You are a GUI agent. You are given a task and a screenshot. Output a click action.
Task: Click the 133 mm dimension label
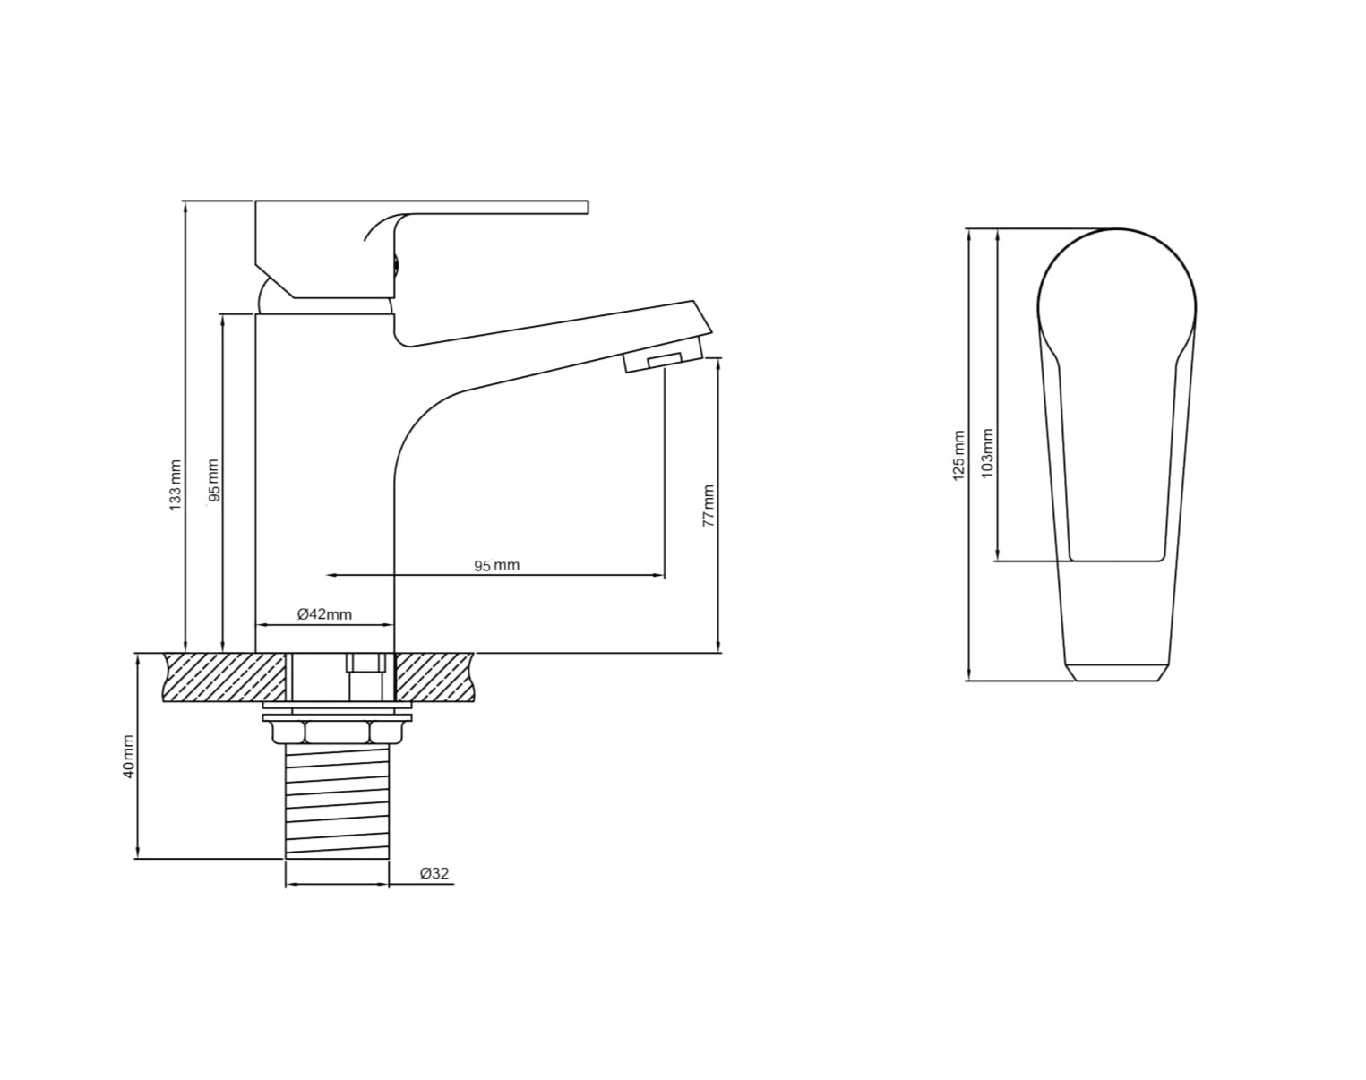(x=176, y=483)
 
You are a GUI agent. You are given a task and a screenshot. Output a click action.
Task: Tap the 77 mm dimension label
(x=709, y=506)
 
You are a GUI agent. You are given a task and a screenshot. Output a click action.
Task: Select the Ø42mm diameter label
(x=324, y=613)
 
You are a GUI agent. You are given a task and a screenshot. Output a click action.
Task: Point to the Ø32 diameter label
(x=434, y=873)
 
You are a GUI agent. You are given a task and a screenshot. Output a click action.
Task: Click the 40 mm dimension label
(x=128, y=757)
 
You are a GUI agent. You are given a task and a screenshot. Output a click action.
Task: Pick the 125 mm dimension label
(x=958, y=456)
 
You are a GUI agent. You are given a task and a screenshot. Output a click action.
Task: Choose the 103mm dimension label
(x=987, y=453)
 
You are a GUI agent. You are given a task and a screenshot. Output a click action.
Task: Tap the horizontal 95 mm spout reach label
(x=497, y=565)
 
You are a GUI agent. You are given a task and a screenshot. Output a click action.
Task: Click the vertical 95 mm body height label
(x=213, y=481)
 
